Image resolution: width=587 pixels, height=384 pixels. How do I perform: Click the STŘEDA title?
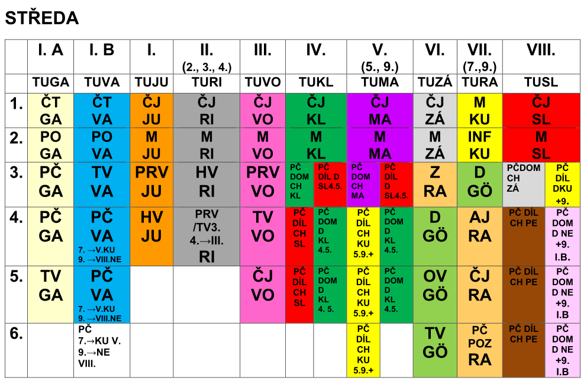[x=41, y=18]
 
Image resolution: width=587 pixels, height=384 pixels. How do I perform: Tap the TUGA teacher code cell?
[x=51, y=82]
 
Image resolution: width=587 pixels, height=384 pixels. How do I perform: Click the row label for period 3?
[x=17, y=173]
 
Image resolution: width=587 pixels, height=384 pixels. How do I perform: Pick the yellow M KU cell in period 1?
[x=479, y=111]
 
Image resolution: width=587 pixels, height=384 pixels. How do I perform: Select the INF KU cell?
[x=479, y=145]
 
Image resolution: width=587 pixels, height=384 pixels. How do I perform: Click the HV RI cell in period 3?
[x=207, y=182]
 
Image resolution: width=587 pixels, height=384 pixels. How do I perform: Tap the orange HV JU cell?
[x=151, y=227]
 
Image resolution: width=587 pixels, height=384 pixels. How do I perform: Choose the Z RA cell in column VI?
[x=435, y=182]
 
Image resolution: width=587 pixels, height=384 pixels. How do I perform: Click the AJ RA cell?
[x=479, y=227]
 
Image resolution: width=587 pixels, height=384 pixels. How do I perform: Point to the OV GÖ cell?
[x=435, y=285]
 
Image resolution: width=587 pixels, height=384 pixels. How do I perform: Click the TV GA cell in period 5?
[x=51, y=285]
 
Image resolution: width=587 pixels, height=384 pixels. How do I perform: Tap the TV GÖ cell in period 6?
[x=435, y=343]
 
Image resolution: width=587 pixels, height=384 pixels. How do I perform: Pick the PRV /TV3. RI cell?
[x=207, y=235]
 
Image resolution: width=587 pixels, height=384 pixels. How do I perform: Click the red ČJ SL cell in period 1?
[x=541, y=111]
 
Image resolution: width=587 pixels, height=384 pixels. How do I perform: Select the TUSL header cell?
[x=541, y=82]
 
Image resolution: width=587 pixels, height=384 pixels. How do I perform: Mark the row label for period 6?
[x=17, y=334]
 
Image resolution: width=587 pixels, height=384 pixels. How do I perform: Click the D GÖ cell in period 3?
[x=479, y=182]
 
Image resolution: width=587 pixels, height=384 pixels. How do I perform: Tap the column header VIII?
[x=541, y=50]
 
